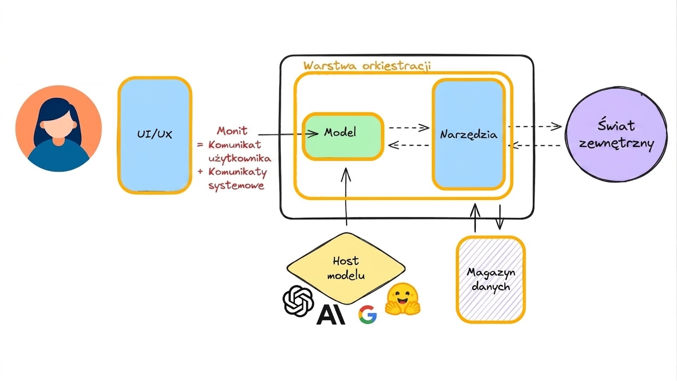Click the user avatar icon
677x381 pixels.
(x=59, y=128)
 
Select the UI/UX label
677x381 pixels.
(x=154, y=134)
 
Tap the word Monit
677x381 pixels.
(x=232, y=130)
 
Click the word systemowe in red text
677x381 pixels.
(x=237, y=185)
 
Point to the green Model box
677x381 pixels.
(x=343, y=136)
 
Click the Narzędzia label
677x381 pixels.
(x=469, y=134)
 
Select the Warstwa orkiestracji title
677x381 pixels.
(x=367, y=66)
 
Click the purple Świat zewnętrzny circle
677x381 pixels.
(x=616, y=134)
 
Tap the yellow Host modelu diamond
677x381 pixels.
(x=346, y=268)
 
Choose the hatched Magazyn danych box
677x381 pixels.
(x=491, y=280)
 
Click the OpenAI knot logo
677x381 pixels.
(x=298, y=301)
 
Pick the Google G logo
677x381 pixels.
(x=368, y=315)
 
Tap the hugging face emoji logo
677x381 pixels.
(x=403, y=299)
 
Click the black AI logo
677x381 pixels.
(x=331, y=315)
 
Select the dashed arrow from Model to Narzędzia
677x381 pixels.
(x=409, y=127)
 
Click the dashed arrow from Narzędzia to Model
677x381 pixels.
(x=408, y=145)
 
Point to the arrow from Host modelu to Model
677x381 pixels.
(x=346, y=196)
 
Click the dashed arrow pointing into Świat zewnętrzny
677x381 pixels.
(x=535, y=127)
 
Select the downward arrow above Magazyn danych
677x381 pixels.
(x=499, y=217)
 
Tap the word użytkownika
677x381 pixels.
(x=240, y=158)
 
